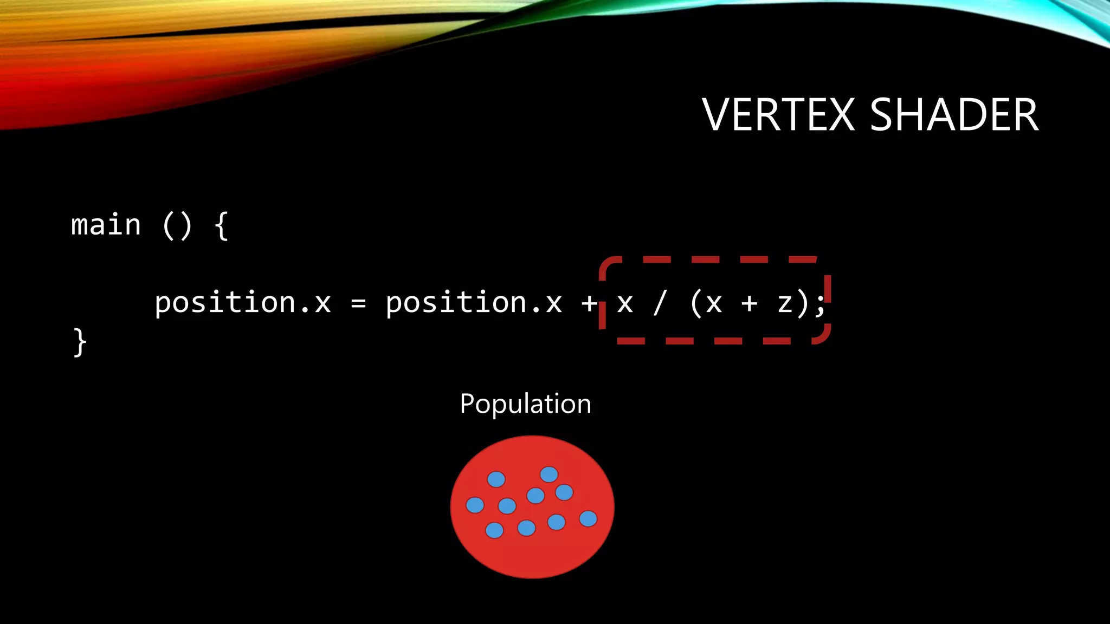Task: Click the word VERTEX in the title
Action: (778, 115)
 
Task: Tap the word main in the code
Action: (106, 225)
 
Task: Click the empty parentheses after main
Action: (177, 225)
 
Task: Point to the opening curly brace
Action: (221, 225)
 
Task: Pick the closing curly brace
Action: (80, 342)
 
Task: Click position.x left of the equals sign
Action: (243, 303)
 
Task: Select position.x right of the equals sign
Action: (474, 303)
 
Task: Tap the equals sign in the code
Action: (358, 304)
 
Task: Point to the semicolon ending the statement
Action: (821, 304)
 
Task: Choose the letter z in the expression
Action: (785, 304)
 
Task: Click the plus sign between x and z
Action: (750, 304)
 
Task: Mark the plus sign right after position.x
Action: (589, 304)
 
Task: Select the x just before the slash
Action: (625, 304)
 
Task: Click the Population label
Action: (525, 404)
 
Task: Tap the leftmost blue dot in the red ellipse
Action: (475, 505)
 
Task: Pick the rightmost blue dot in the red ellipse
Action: (588, 519)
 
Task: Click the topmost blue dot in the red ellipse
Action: (549, 474)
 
